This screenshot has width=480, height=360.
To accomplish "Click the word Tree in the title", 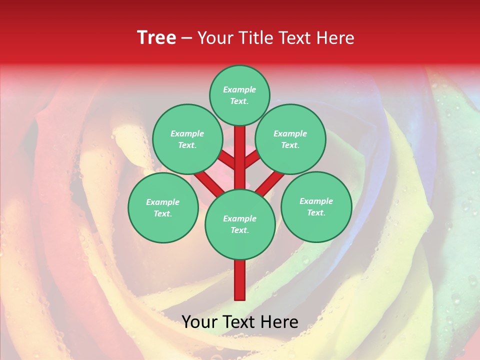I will (x=156, y=38).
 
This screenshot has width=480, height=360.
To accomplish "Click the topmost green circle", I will (x=239, y=95).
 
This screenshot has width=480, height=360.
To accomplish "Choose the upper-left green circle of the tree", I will (x=187, y=139).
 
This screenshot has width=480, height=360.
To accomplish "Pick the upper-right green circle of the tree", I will (x=290, y=139).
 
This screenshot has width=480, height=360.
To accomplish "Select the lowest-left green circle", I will (x=163, y=207).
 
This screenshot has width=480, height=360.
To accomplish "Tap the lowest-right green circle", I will (x=316, y=206).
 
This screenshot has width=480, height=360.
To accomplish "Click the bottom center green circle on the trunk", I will (x=239, y=224).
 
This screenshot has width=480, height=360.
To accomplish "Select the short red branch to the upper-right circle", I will (x=252, y=159).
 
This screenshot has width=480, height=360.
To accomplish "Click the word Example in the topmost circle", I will (x=239, y=90).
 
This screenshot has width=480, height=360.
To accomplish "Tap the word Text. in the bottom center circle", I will (x=239, y=230).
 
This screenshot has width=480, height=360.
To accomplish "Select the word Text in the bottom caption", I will (x=239, y=322).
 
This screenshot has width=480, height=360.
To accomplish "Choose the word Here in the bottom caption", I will (x=279, y=322).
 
